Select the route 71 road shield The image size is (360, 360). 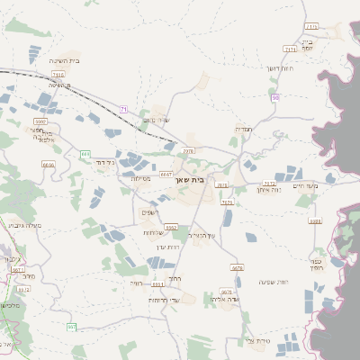124,109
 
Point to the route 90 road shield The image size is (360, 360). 276,96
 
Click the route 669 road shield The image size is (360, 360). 85,154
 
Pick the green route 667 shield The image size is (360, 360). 72,326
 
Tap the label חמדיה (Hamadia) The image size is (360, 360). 243,129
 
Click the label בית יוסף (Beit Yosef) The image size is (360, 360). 307,44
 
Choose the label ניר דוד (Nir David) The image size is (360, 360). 105,163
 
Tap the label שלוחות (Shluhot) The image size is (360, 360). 154,232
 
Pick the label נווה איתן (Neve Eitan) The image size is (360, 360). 269,190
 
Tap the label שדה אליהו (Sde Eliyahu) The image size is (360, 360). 223,298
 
